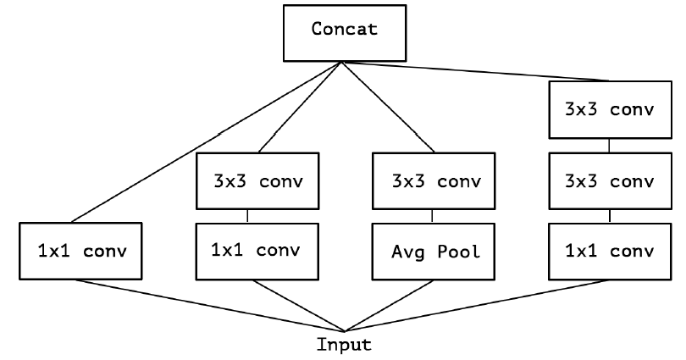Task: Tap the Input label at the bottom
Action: click(343, 345)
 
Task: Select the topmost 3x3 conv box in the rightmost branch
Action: click(608, 109)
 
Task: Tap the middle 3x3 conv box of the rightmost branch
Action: click(608, 181)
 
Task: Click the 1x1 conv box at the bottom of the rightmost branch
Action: click(608, 252)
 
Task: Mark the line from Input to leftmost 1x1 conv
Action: click(212, 305)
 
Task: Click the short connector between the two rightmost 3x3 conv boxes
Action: click(608, 146)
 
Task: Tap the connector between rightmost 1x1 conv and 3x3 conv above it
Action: click(608, 216)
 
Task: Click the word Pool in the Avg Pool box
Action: click(461, 252)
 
